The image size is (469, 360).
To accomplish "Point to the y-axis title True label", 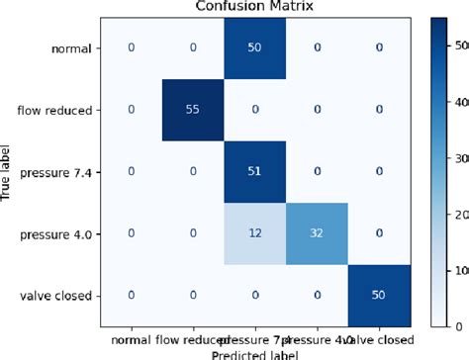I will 9,170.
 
